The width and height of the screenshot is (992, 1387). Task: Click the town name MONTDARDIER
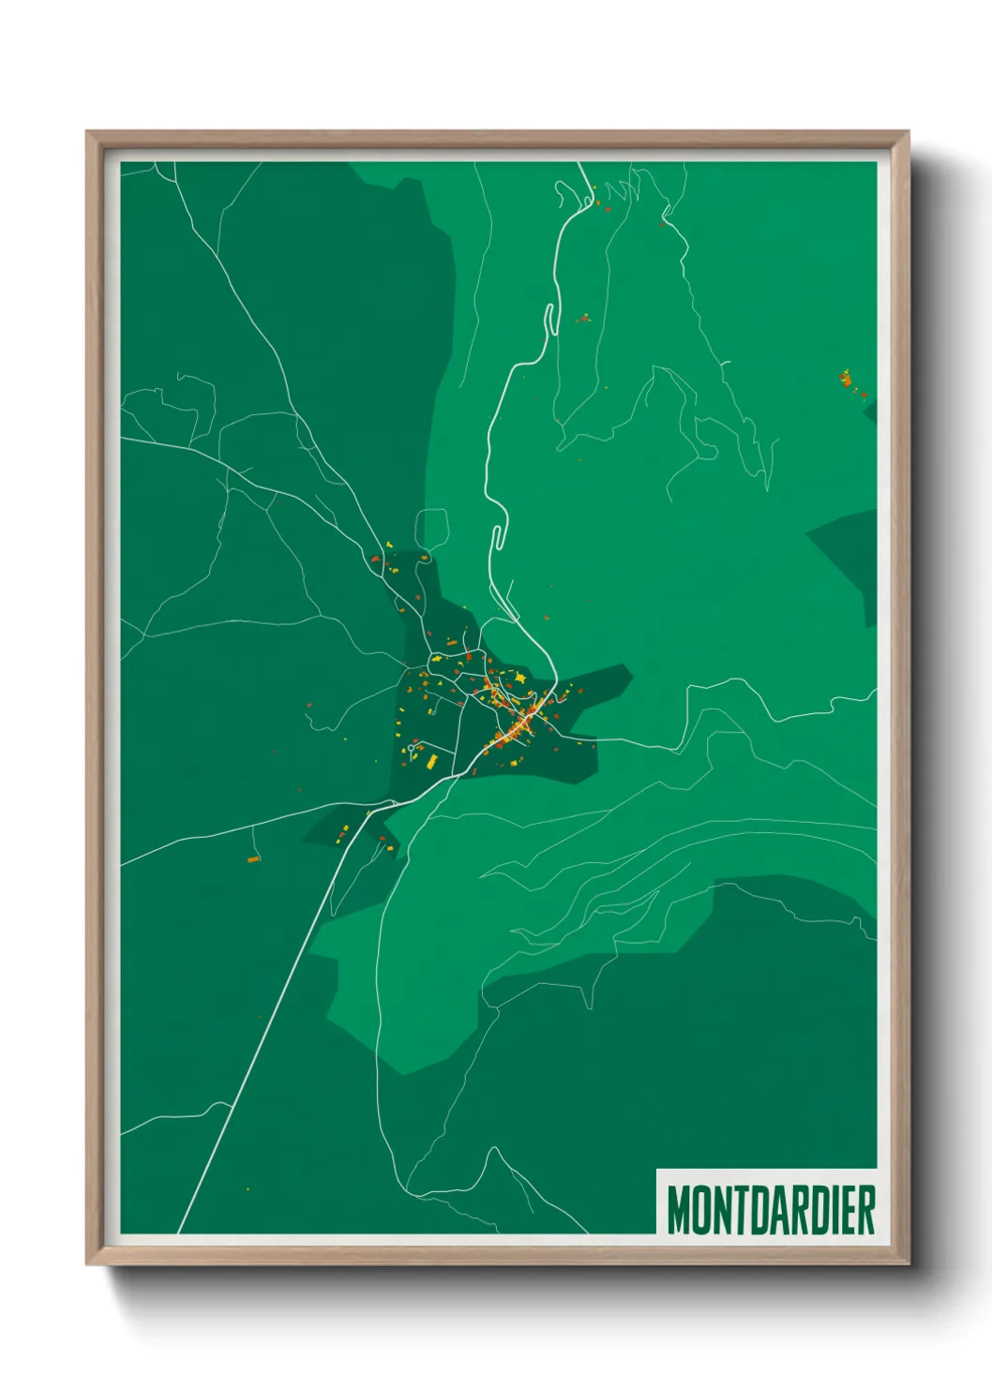(771, 1210)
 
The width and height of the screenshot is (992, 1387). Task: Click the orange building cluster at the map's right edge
(847, 380)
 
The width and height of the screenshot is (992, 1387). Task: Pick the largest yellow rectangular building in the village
(431, 761)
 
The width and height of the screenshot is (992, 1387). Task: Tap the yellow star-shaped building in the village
(519, 677)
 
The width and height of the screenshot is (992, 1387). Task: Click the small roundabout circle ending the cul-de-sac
(412, 748)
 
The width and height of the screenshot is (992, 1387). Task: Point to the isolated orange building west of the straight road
(253, 858)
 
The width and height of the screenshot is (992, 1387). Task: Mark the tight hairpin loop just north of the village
(499, 537)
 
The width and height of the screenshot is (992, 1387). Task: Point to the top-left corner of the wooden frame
(87, 132)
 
